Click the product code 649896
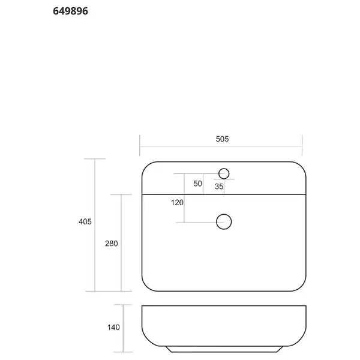click(x=70, y=11)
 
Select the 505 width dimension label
click(x=222, y=139)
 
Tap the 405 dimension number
click(x=85, y=221)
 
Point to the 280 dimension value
click(x=112, y=244)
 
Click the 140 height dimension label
click(x=113, y=327)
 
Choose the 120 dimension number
click(x=177, y=203)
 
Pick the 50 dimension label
click(x=197, y=184)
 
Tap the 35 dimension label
click(x=219, y=187)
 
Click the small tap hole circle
click(x=224, y=169)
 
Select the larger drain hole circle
click(x=224, y=214)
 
